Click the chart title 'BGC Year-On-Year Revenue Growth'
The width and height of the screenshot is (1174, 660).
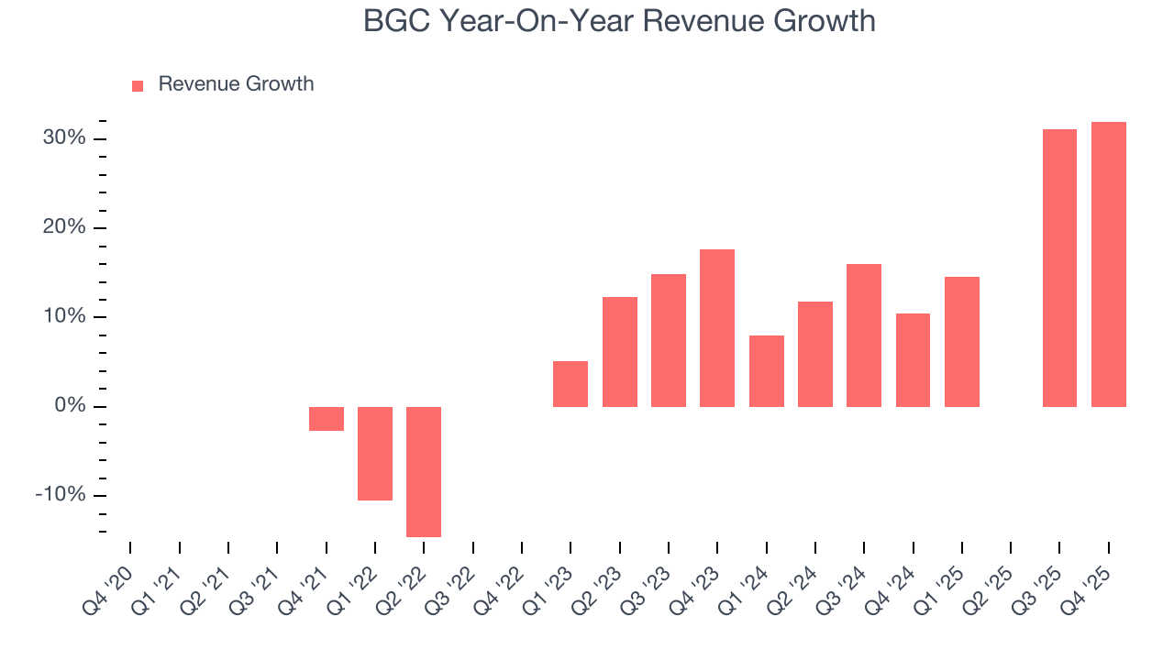[x=619, y=20]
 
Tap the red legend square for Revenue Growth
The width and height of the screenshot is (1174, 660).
[x=138, y=85]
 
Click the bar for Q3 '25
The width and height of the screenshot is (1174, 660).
[x=1059, y=268]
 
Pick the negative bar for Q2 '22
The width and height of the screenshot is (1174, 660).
[x=424, y=471]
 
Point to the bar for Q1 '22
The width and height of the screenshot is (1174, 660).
[x=375, y=453]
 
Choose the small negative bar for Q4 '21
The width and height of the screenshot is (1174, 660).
[x=326, y=418]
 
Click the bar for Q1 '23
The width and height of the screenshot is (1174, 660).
[x=570, y=383]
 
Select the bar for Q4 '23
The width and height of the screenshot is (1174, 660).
[x=717, y=327]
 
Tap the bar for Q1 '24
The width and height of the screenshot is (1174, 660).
[x=766, y=370]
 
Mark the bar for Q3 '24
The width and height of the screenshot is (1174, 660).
[x=864, y=335]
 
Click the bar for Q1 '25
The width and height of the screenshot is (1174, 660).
[x=961, y=341]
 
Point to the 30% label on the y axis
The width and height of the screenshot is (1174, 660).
[x=63, y=138]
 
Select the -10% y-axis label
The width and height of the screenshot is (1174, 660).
[x=61, y=495]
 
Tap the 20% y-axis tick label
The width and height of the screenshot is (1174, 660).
[x=63, y=227]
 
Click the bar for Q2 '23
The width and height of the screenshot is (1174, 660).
[x=619, y=351]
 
